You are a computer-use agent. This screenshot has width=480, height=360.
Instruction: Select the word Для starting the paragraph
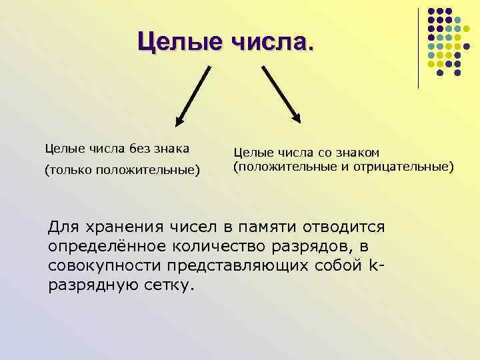pyautogui.click(x=61, y=227)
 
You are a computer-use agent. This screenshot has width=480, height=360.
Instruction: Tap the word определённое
pyautogui.click(x=97, y=247)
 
